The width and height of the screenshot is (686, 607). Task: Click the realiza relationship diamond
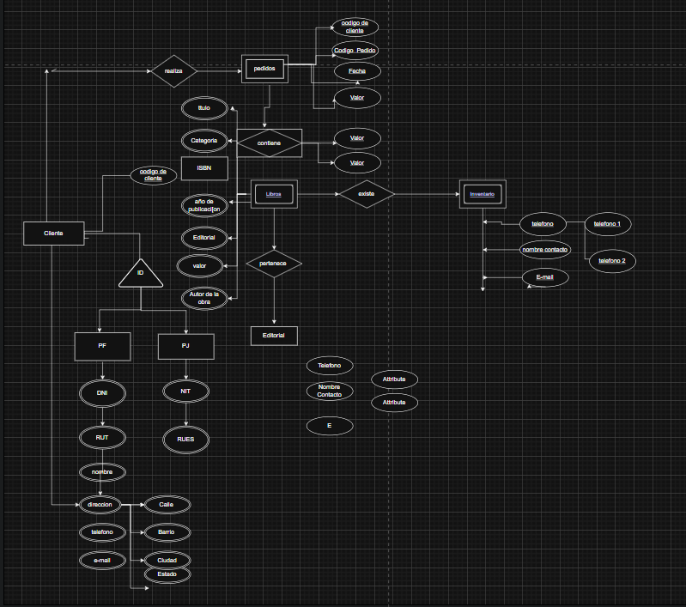[173, 71]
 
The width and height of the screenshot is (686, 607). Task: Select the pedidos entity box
[264, 69]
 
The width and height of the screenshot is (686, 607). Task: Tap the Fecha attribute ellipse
[357, 71]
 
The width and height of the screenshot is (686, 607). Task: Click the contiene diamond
[269, 143]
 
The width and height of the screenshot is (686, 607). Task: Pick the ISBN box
[204, 168]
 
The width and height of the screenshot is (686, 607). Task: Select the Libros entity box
[273, 195]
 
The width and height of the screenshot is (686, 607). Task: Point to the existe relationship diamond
[366, 194]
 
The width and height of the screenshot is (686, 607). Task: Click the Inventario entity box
[482, 194]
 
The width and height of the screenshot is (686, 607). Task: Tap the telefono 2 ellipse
[612, 260]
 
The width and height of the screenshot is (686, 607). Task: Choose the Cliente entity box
[54, 234]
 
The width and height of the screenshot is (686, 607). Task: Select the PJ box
[185, 346]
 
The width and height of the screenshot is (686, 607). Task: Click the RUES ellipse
[185, 440]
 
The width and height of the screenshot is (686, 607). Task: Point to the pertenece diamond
[273, 264]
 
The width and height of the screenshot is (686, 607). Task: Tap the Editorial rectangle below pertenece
[274, 335]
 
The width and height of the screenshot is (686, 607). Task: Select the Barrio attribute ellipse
[166, 532]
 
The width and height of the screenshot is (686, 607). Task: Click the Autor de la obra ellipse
[203, 298]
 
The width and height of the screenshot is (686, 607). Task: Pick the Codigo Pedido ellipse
[355, 51]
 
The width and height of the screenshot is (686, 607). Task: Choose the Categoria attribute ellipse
[203, 140]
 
